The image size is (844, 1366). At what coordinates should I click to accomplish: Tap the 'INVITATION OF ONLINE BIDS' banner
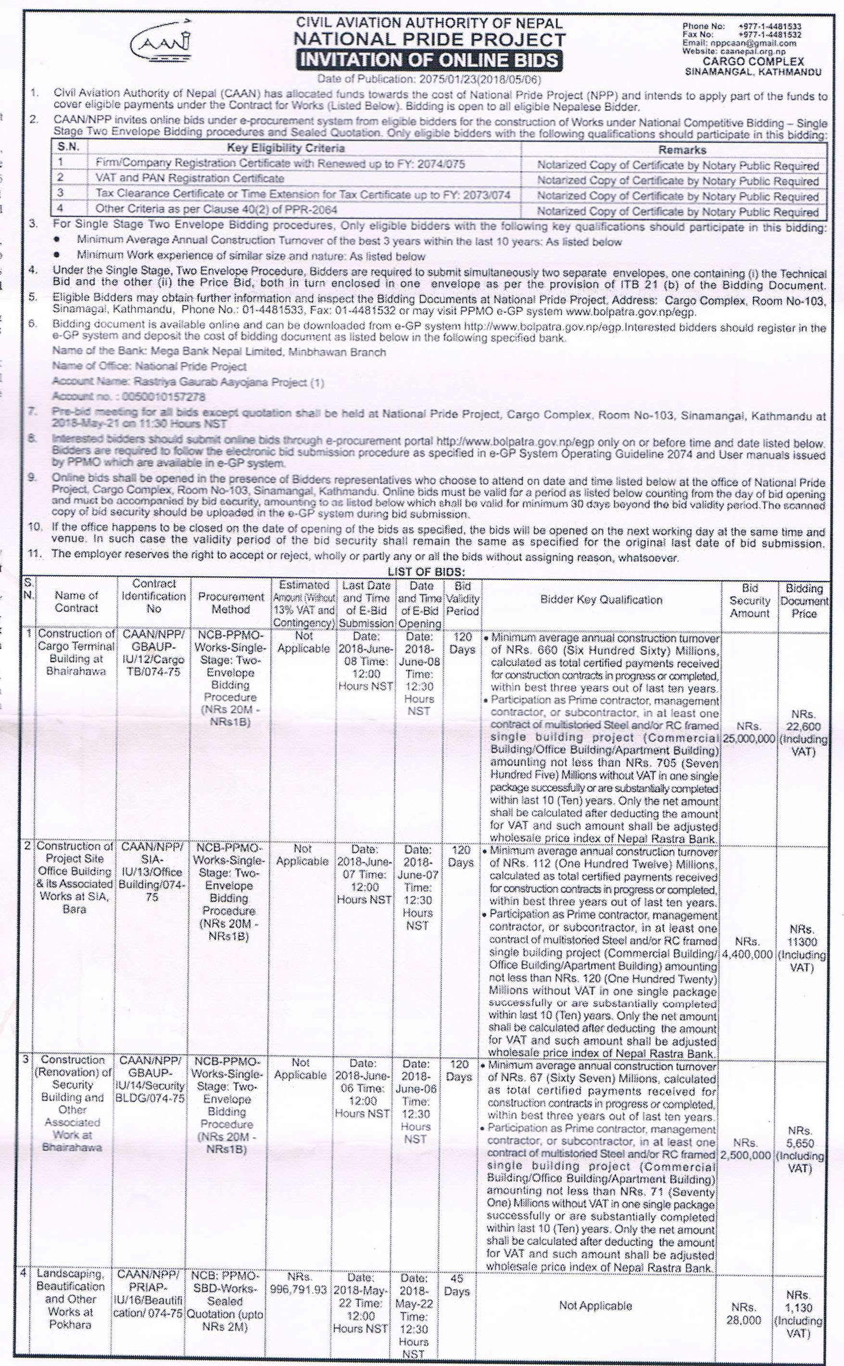[428, 60]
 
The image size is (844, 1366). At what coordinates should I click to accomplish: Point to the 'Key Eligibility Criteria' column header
[285, 148]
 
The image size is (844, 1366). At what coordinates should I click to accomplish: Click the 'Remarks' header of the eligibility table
[681, 150]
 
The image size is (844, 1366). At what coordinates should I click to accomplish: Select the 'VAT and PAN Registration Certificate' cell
[190, 178]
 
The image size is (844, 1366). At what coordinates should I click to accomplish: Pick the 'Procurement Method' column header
[230, 602]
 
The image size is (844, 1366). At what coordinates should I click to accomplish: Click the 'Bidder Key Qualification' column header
[601, 600]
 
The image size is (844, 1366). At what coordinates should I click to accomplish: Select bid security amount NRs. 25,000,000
[749, 733]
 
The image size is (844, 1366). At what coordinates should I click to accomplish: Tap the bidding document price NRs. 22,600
[803, 733]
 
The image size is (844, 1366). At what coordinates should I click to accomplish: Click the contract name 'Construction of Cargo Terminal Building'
[76, 652]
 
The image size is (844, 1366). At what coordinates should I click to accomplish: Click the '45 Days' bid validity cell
[456, 1285]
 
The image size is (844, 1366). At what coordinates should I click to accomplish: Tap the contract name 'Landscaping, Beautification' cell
[70, 1299]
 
